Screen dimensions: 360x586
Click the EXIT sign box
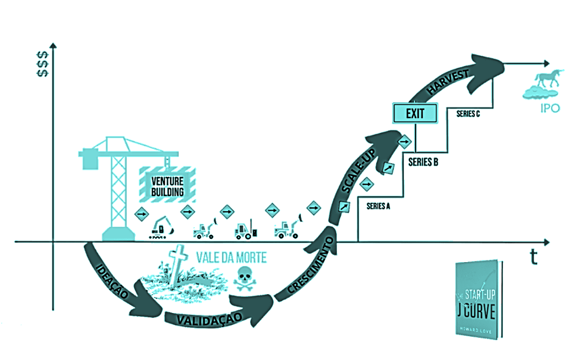(x=414, y=113)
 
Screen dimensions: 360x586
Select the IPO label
(x=549, y=108)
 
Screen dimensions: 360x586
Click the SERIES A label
(x=378, y=206)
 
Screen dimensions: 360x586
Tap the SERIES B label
(x=423, y=163)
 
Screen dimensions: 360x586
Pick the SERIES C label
(x=468, y=114)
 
